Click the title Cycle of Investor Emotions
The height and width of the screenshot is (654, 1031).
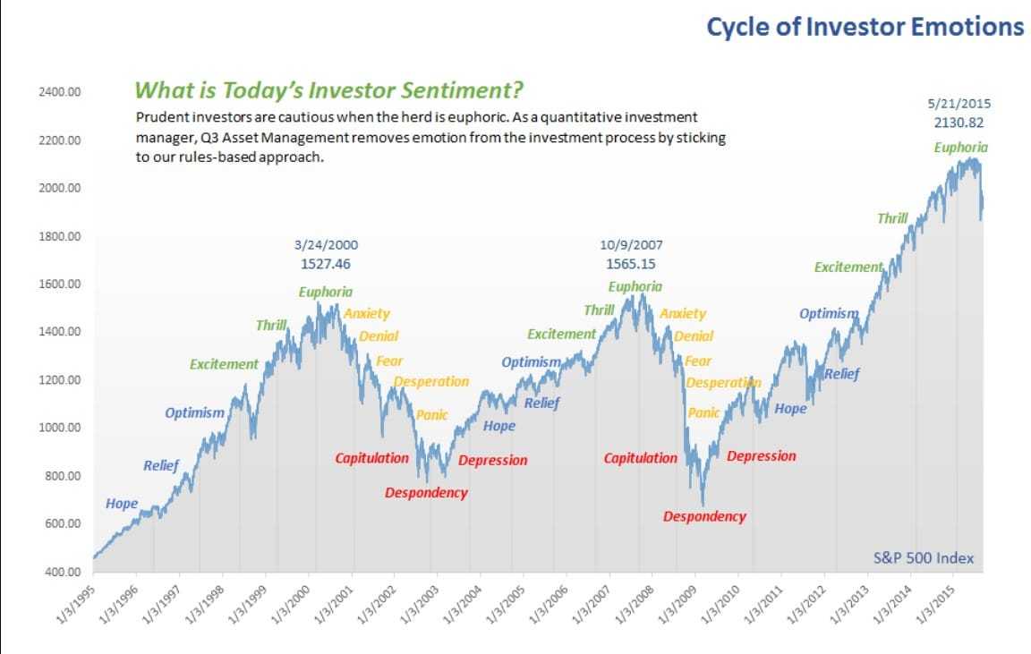(x=865, y=27)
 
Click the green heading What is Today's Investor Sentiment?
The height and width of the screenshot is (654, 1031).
(x=328, y=90)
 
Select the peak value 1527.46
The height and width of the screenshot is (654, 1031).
(x=326, y=264)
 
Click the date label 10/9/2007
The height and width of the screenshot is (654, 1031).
(x=631, y=245)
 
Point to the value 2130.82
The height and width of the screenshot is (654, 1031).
(x=961, y=123)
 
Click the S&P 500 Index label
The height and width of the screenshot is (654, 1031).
(x=923, y=558)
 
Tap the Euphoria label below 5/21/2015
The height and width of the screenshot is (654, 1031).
(x=961, y=148)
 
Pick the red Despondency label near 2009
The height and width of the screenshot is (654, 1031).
(x=704, y=516)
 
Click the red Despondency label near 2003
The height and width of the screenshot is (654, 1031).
(x=426, y=493)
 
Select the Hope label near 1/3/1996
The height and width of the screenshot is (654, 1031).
(x=122, y=504)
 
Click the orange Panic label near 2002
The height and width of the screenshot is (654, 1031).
(x=432, y=415)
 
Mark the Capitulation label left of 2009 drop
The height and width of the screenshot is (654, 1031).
(x=641, y=458)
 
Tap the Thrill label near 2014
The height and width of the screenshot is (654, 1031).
(x=892, y=218)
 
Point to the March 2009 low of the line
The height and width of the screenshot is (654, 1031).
(x=703, y=505)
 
